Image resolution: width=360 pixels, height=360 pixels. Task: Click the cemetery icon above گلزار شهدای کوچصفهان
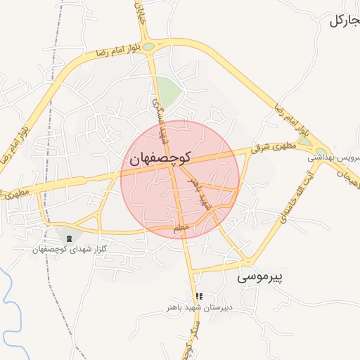[x=69, y=240]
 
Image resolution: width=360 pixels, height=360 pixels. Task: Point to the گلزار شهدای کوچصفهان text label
[x=69, y=250]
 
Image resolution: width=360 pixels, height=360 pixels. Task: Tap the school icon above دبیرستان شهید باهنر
[x=199, y=297]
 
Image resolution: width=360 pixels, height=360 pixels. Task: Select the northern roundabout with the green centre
[x=150, y=46]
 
